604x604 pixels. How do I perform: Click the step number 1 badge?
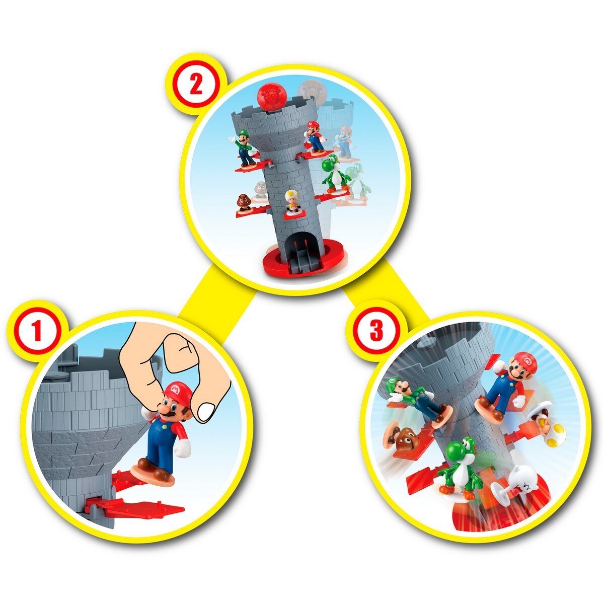pyautogui.click(x=36, y=332)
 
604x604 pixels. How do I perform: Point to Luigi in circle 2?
pyautogui.click(x=245, y=147)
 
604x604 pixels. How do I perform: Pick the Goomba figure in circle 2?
pyautogui.click(x=244, y=202)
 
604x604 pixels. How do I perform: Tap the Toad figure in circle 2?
pyautogui.click(x=291, y=201)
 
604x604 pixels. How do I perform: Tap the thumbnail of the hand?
pyautogui.click(x=206, y=411)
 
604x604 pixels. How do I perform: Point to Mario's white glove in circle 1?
pyautogui.click(x=182, y=447)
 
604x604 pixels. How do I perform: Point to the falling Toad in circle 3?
pyautogui.click(x=549, y=428)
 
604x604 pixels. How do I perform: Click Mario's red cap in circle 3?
pyautogui.click(x=526, y=362)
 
